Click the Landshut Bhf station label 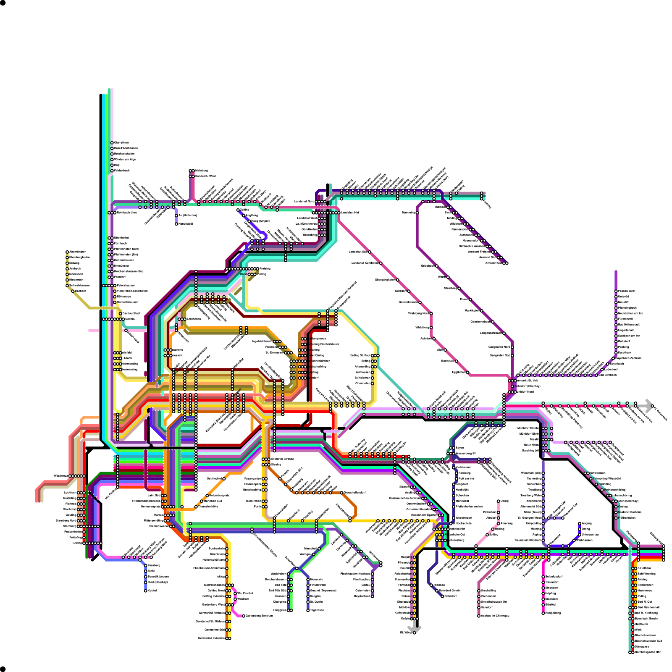tap(350, 213)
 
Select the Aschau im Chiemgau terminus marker tap(479, 616)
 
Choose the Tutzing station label tap(77, 543)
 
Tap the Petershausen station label tap(126, 286)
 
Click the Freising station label tap(265, 268)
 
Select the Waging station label tap(587, 523)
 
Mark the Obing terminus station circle tap(499, 501)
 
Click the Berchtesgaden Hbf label tap(648, 652)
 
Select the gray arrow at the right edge tap(649, 406)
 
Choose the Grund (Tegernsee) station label tap(323, 591)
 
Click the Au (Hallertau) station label tap(187, 215)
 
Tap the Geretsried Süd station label tap(215, 630)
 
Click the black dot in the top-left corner tap(3, 3)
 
